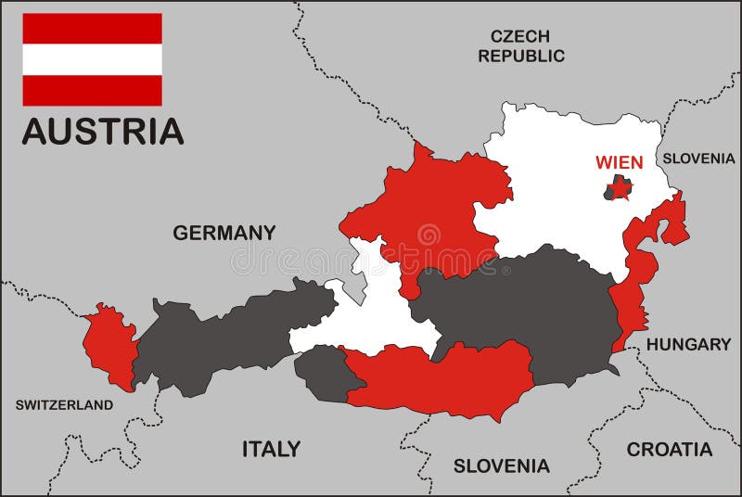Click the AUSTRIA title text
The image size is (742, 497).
pyautogui.click(x=102, y=131)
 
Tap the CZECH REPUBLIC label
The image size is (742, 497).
pyautogui.click(x=520, y=45)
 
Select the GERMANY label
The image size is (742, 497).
pyautogui.click(x=224, y=233)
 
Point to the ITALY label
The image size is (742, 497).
pyautogui.click(x=271, y=449)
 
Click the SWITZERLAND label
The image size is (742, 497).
pyautogui.click(x=64, y=405)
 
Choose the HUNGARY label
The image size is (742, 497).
pyautogui.click(x=688, y=344)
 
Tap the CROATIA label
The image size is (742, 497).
pyautogui.click(x=669, y=450)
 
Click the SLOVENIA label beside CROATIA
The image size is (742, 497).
pyautogui.click(x=501, y=465)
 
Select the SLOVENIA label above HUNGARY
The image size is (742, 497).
pyautogui.click(x=697, y=159)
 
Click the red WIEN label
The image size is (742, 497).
pyautogui.click(x=619, y=162)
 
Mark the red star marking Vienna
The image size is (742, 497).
pyautogui.click(x=622, y=192)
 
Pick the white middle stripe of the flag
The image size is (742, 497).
pyautogui.click(x=92, y=59)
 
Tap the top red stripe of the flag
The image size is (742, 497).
pyautogui.click(x=92, y=28)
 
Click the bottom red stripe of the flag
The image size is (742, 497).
pyautogui.click(x=92, y=90)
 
